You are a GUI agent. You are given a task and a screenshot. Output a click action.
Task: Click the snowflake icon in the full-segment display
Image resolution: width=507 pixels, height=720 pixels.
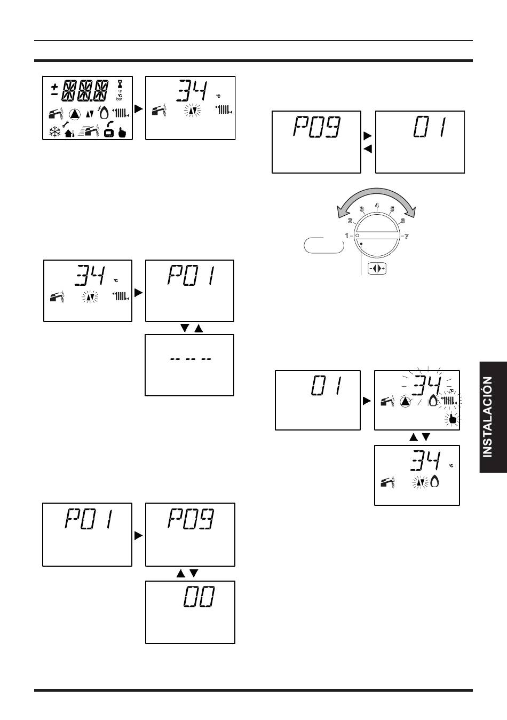[x=55, y=131]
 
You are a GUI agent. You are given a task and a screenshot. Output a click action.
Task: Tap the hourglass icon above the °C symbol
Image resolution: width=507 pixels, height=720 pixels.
[x=120, y=84]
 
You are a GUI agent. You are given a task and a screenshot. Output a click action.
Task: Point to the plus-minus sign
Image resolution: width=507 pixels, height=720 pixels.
[x=54, y=89]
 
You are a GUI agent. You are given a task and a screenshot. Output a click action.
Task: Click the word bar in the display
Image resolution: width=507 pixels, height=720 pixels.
[x=120, y=99]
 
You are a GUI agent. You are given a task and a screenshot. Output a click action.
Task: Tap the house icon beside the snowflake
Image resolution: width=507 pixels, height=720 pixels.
[x=69, y=132]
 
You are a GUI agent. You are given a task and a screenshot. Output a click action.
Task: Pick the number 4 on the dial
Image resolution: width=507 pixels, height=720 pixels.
[x=377, y=206]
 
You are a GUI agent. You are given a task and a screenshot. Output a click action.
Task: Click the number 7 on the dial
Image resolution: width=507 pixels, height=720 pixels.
[x=407, y=236]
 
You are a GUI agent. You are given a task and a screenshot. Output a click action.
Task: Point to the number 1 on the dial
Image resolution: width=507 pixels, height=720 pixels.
[x=347, y=236]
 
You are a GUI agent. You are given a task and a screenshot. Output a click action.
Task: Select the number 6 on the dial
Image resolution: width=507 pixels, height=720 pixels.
[x=402, y=221]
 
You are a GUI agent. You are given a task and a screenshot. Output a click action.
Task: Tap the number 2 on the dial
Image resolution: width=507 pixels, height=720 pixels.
[x=350, y=221]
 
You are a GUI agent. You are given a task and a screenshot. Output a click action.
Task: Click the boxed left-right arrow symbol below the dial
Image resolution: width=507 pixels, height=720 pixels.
[x=377, y=269]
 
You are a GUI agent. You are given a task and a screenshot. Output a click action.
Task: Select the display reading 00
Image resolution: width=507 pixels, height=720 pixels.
[x=190, y=612]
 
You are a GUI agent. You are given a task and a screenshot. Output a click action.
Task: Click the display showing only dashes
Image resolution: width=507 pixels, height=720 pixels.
[x=189, y=365]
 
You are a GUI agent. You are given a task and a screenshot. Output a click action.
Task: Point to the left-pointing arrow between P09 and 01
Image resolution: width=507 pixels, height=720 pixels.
[x=367, y=149]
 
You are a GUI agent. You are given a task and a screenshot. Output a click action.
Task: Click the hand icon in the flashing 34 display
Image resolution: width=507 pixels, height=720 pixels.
[x=453, y=419]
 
